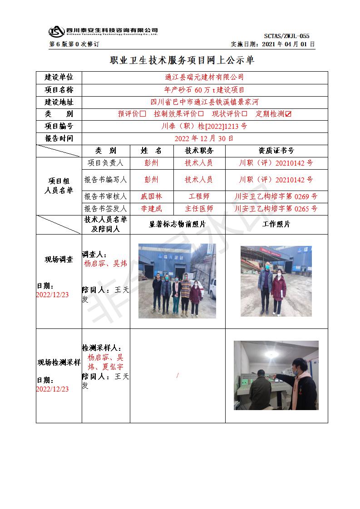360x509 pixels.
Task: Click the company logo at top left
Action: (56, 31)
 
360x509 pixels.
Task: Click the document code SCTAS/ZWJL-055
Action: (286, 36)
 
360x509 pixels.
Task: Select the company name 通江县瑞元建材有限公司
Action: (204, 78)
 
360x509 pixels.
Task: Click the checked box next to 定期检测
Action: (288, 114)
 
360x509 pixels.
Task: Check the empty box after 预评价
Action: (143, 114)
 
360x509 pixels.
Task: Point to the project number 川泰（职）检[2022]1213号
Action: (204, 126)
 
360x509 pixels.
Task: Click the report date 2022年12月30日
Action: (204, 138)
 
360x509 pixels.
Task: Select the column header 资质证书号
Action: (276, 151)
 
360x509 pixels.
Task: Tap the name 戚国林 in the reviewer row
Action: (151, 196)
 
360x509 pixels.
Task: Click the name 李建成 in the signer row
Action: (151, 209)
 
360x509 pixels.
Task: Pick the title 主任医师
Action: (199, 209)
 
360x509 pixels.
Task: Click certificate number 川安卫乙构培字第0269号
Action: (276, 196)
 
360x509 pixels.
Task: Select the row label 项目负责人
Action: (105, 163)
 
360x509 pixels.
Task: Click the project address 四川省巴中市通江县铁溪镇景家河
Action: (204, 102)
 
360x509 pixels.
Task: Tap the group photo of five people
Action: (177, 280)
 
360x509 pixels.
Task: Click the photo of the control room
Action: (276, 375)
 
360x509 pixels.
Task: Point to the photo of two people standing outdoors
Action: (276, 281)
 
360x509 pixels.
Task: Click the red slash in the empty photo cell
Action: (178, 375)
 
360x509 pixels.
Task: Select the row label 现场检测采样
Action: (59, 362)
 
